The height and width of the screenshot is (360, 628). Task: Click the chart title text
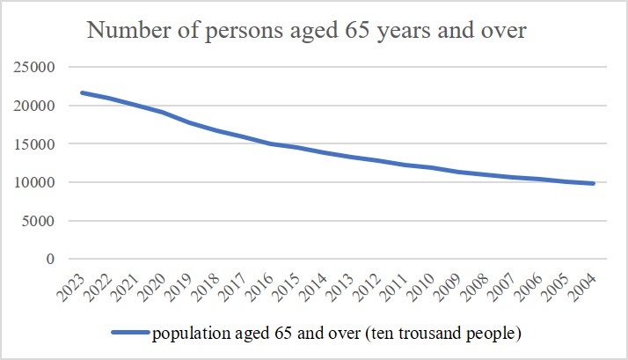[305, 33]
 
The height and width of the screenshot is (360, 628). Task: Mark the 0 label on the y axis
[51, 260]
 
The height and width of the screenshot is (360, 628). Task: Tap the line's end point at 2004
[595, 183]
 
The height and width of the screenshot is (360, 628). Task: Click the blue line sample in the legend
[129, 333]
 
